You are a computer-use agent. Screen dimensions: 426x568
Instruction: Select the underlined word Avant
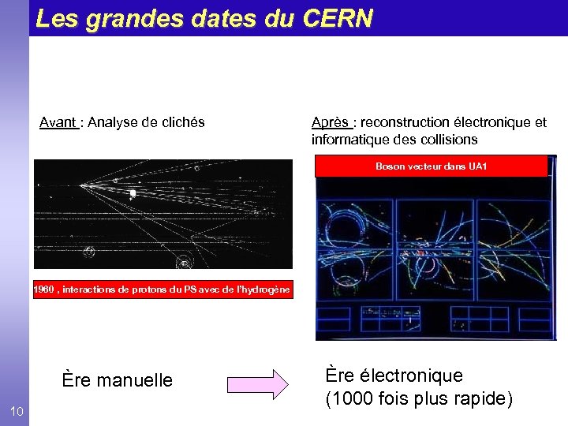(58, 122)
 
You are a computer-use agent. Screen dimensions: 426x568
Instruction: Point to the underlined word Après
(331, 122)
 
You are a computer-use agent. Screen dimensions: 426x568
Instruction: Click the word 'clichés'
(181, 122)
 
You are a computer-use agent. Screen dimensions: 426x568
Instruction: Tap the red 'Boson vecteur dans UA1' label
(431, 166)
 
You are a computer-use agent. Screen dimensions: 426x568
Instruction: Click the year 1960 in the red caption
(43, 290)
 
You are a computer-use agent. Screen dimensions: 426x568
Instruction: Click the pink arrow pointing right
(258, 384)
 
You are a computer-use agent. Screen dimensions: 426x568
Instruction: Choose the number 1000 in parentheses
(351, 399)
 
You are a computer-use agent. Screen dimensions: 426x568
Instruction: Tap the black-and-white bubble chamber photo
(163, 215)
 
